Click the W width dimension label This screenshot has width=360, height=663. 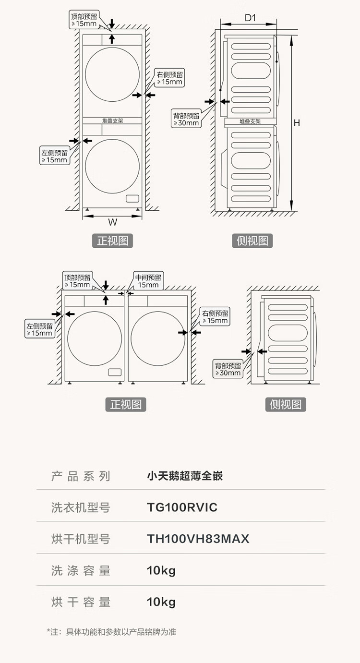[x=112, y=222]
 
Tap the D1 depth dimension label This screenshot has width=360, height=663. [x=250, y=18]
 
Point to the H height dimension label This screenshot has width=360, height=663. [x=297, y=123]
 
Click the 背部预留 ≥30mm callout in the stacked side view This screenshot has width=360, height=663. [x=186, y=119]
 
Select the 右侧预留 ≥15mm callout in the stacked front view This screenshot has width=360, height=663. [x=169, y=78]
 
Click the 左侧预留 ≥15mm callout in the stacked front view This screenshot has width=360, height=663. [x=54, y=156]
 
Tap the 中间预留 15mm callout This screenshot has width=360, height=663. [x=148, y=281]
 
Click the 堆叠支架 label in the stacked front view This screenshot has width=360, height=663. [x=112, y=121]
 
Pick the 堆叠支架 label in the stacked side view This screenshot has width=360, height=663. [x=250, y=122]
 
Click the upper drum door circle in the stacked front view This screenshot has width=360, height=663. [x=112, y=74]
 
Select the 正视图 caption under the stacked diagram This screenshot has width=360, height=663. [x=112, y=241]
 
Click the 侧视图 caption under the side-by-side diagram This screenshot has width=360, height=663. [x=286, y=404]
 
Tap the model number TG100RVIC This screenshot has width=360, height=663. [x=182, y=507]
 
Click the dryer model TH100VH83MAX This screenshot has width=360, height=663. [x=198, y=539]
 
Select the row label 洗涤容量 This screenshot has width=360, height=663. [x=81, y=570]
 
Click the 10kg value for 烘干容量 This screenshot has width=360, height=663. [x=161, y=602]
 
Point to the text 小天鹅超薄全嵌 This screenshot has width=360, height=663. [x=185, y=476]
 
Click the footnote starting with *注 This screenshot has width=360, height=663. [x=111, y=632]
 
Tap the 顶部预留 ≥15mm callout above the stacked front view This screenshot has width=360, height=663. [x=84, y=20]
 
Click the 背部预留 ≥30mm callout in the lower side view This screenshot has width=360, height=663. [x=228, y=369]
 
